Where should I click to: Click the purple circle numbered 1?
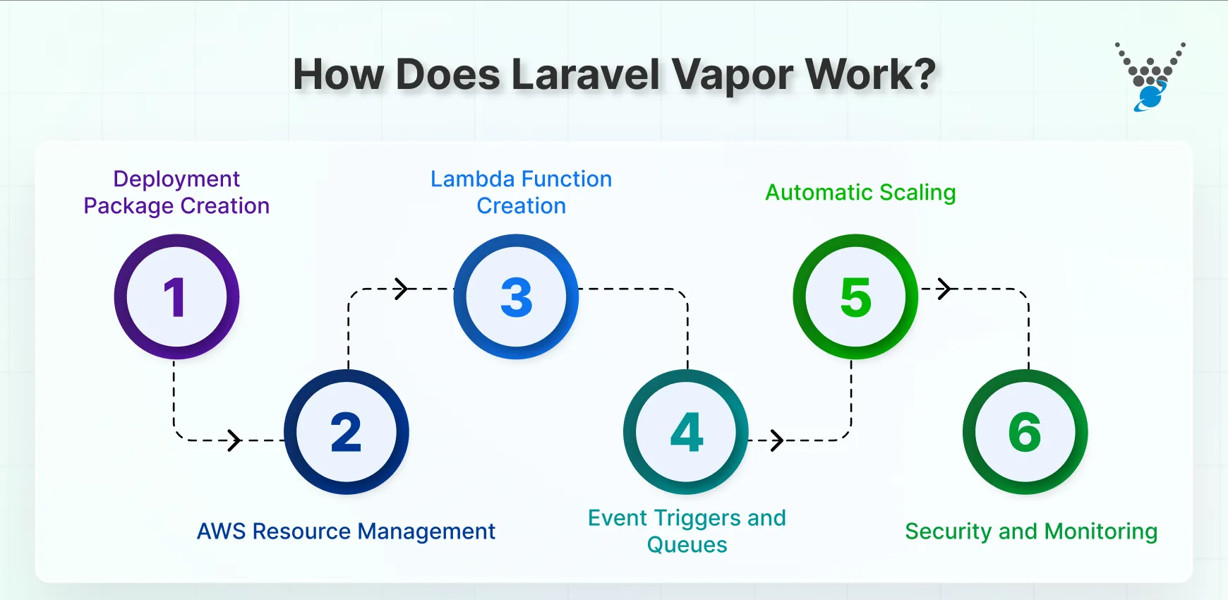coord(176,296)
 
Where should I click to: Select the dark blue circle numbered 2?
coord(346,432)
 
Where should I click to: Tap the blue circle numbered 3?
coord(516,296)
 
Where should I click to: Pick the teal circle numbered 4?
coord(686,432)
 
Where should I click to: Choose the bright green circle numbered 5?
coord(855,296)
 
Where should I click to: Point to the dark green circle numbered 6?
coord(1025,432)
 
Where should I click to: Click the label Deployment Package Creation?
coord(176,192)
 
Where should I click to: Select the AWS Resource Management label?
coord(346,531)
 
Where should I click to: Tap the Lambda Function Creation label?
coord(521,192)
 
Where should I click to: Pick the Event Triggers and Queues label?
coord(687,531)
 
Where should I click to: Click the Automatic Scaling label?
coord(860,192)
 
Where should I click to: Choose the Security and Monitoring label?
coord(1031,531)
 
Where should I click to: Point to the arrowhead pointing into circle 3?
coord(402,289)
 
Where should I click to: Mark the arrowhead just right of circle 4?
coord(776,440)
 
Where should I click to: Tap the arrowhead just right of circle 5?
coord(945,289)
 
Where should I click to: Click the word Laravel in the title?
coord(585,74)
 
